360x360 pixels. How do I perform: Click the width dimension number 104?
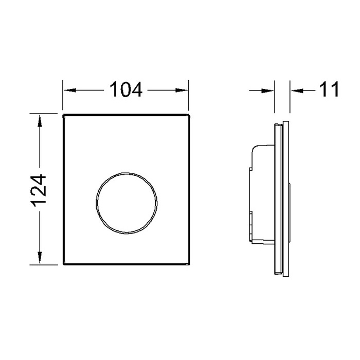click(x=126, y=89)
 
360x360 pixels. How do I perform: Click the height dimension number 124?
click(x=39, y=191)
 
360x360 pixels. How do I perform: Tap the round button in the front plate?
click(x=127, y=203)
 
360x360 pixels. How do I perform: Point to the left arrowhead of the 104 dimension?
click(x=70, y=90)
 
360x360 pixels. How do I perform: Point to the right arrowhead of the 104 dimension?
click(x=182, y=90)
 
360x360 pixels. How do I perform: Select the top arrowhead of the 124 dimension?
click(x=40, y=121)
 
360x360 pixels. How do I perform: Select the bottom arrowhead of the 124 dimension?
click(x=40, y=258)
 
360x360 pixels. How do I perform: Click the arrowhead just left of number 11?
click(x=297, y=91)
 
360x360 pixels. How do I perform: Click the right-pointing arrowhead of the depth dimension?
click(x=267, y=91)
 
